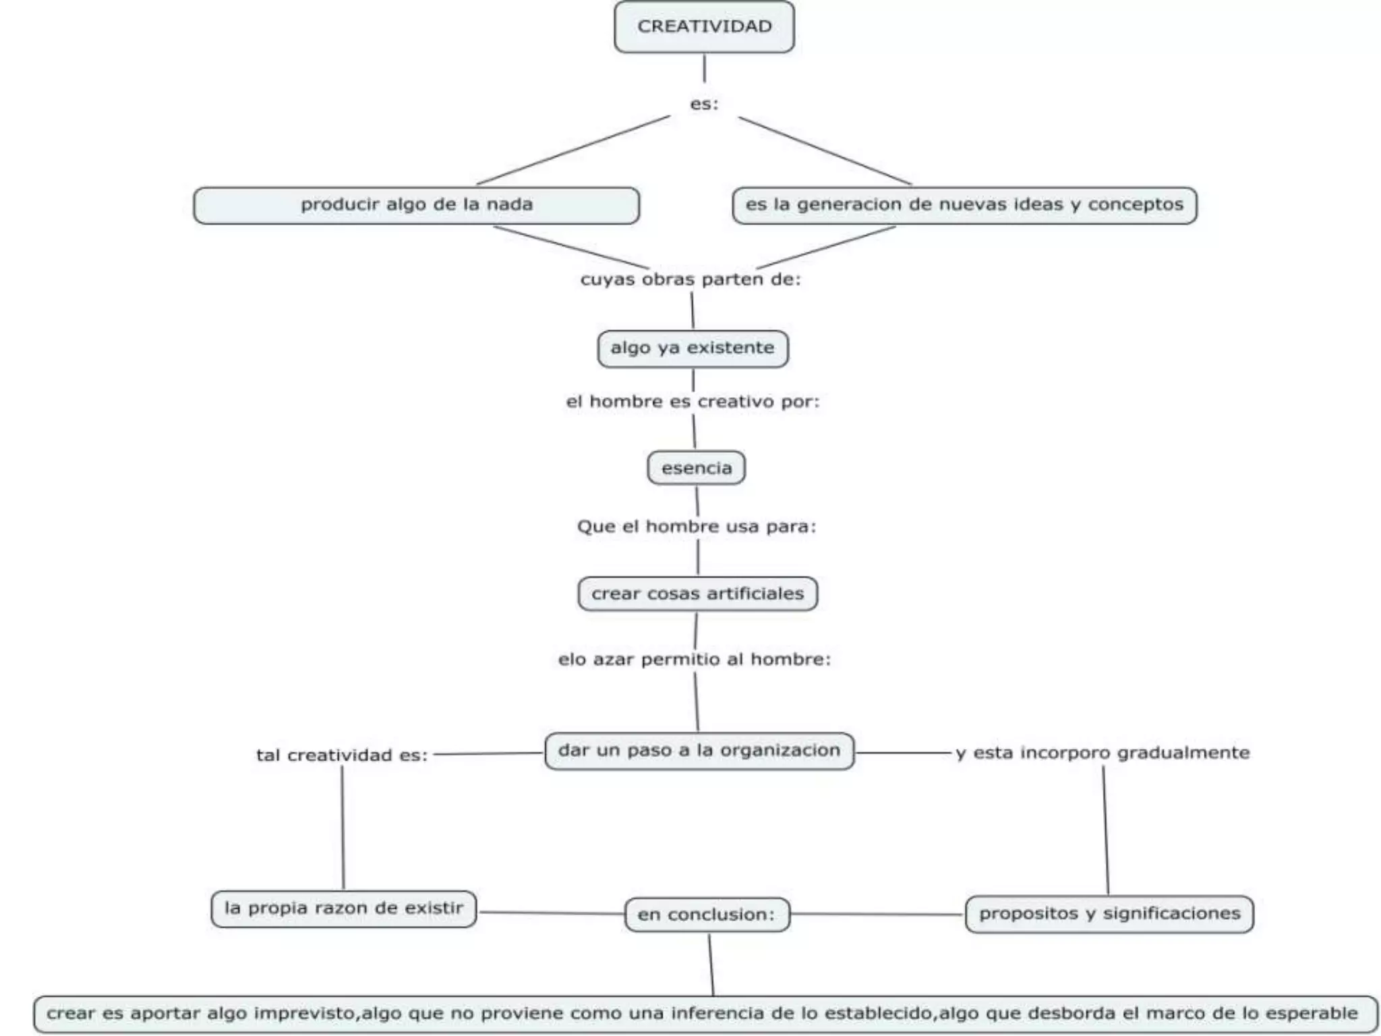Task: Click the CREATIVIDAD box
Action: pyautogui.click(x=704, y=27)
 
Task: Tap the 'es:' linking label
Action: pyautogui.click(x=704, y=104)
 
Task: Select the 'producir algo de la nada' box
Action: pyautogui.click(x=416, y=205)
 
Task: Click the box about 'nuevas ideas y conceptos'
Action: pyautogui.click(x=964, y=205)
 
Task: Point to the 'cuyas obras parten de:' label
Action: pyautogui.click(x=690, y=279)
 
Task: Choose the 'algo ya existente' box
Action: pyautogui.click(x=693, y=349)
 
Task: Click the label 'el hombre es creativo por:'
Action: pyautogui.click(x=693, y=402)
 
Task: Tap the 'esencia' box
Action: pyautogui.click(x=696, y=468)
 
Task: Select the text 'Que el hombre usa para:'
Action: pyautogui.click(x=697, y=527)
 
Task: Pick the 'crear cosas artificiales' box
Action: pyautogui.click(x=697, y=594)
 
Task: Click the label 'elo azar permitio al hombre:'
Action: pyautogui.click(x=695, y=660)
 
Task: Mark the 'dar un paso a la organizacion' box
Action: pyautogui.click(x=699, y=751)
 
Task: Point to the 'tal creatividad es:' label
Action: pyautogui.click(x=342, y=755)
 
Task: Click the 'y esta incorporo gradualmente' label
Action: pyautogui.click(x=1103, y=753)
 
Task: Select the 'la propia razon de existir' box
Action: pyautogui.click(x=343, y=909)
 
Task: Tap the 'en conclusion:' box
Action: pyautogui.click(x=707, y=915)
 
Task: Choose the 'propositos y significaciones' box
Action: pyautogui.click(x=1109, y=914)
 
